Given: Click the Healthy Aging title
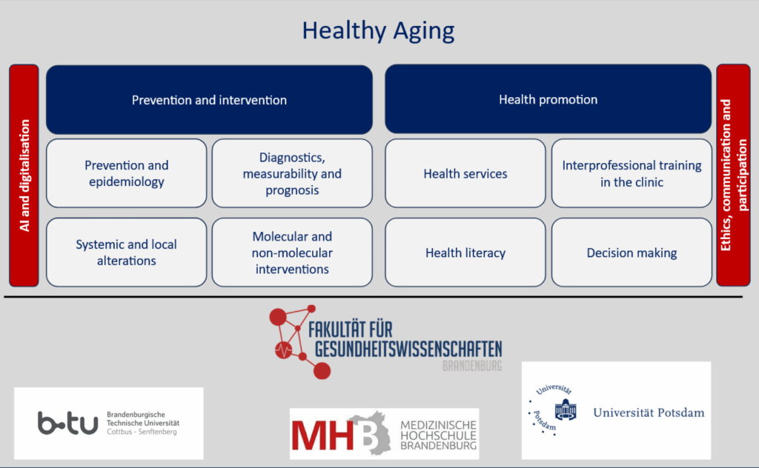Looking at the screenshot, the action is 378,31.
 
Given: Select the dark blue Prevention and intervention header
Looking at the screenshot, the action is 209,99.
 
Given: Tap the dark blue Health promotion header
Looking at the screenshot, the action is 548,99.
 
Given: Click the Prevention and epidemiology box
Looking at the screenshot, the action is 126,173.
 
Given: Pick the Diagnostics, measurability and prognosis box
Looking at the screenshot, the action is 292,173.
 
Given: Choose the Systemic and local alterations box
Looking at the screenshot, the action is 126,252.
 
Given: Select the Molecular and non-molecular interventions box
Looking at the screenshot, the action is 292,252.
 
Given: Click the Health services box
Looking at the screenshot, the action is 465,173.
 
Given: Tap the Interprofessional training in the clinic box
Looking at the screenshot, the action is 632,173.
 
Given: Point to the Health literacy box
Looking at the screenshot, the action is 465,252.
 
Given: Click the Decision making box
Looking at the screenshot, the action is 632,252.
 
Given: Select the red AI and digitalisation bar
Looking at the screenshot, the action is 24,175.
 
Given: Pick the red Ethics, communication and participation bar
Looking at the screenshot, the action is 733,175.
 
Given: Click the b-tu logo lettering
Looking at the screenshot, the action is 67,423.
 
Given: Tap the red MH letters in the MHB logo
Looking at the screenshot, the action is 323,435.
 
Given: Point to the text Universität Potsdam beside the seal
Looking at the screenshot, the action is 649,412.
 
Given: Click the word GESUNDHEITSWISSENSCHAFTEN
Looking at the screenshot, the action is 408,349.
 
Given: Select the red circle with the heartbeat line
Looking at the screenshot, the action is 283,349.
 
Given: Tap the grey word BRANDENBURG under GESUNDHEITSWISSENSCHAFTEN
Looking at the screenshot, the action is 472,366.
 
